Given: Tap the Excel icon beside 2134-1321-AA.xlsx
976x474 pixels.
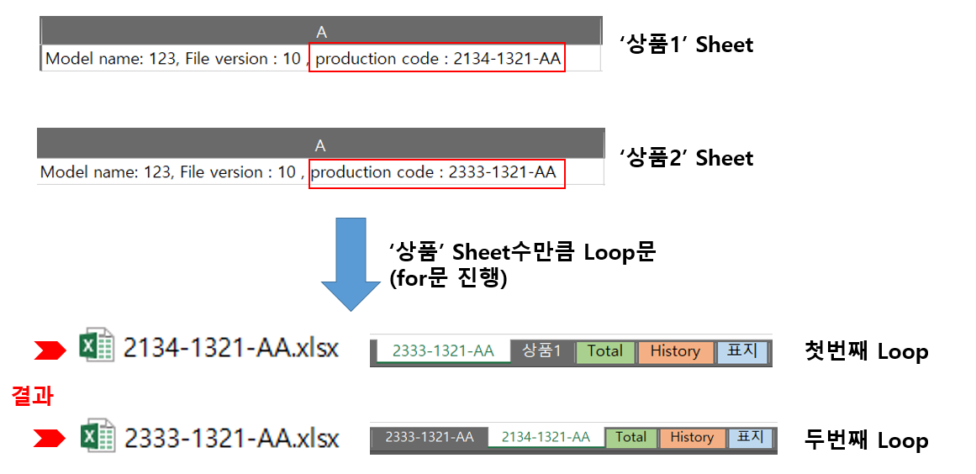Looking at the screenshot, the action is pyautogui.click(x=97, y=346).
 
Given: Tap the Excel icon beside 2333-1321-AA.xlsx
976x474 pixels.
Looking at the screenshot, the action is pyautogui.click(x=97, y=437).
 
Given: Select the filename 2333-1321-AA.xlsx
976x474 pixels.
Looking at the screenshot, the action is pyautogui.click(x=231, y=438).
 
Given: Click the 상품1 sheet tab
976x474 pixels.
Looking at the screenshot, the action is pyautogui.click(x=541, y=351).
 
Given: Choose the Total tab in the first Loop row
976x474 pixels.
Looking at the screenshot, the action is pyautogui.click(x=604, y=351).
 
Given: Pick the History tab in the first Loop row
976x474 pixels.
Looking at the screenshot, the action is pyautogui.click(x=674, y=351).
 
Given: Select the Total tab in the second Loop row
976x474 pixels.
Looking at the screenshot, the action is pyautogui.click(x=630, y=437).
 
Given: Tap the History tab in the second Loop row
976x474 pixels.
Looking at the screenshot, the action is pyautogui.click(x=692, y=437).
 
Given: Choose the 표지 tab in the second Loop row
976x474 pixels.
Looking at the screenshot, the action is pyautogui.click(x=750, y=437).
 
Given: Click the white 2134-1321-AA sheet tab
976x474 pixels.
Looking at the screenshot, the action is pyautogui.click(x=544, y=437).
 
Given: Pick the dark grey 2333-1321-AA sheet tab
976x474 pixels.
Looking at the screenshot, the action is pyautogui.click(x=429, y=437).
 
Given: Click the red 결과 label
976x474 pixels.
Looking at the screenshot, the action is pyautogui.click(x=33, y=396).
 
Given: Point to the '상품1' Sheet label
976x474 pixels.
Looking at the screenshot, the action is pyautogui.click(x=686, y=45).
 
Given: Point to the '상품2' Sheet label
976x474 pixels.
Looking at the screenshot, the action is pyautogui.click(x=686, y=158).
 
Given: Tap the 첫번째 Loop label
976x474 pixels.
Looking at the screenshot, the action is pyautogui.click(x=866, y=351).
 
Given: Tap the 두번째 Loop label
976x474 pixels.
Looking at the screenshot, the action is pyautogui.click(x=866, y=440).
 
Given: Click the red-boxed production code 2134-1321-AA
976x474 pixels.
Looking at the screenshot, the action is pyautogui.click(x=437, y=59).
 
